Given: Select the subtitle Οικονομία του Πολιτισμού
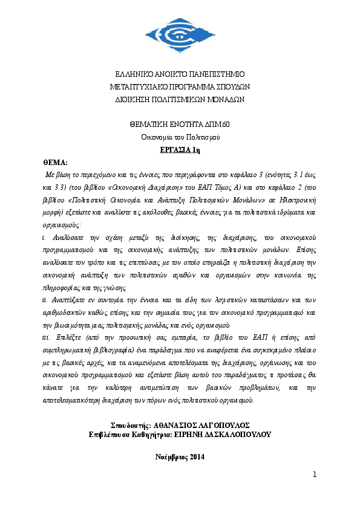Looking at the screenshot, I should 179,137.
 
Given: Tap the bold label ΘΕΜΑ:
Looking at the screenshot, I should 55,163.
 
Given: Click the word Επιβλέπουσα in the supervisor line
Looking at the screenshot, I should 108,434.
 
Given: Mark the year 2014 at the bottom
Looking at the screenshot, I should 198,457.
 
